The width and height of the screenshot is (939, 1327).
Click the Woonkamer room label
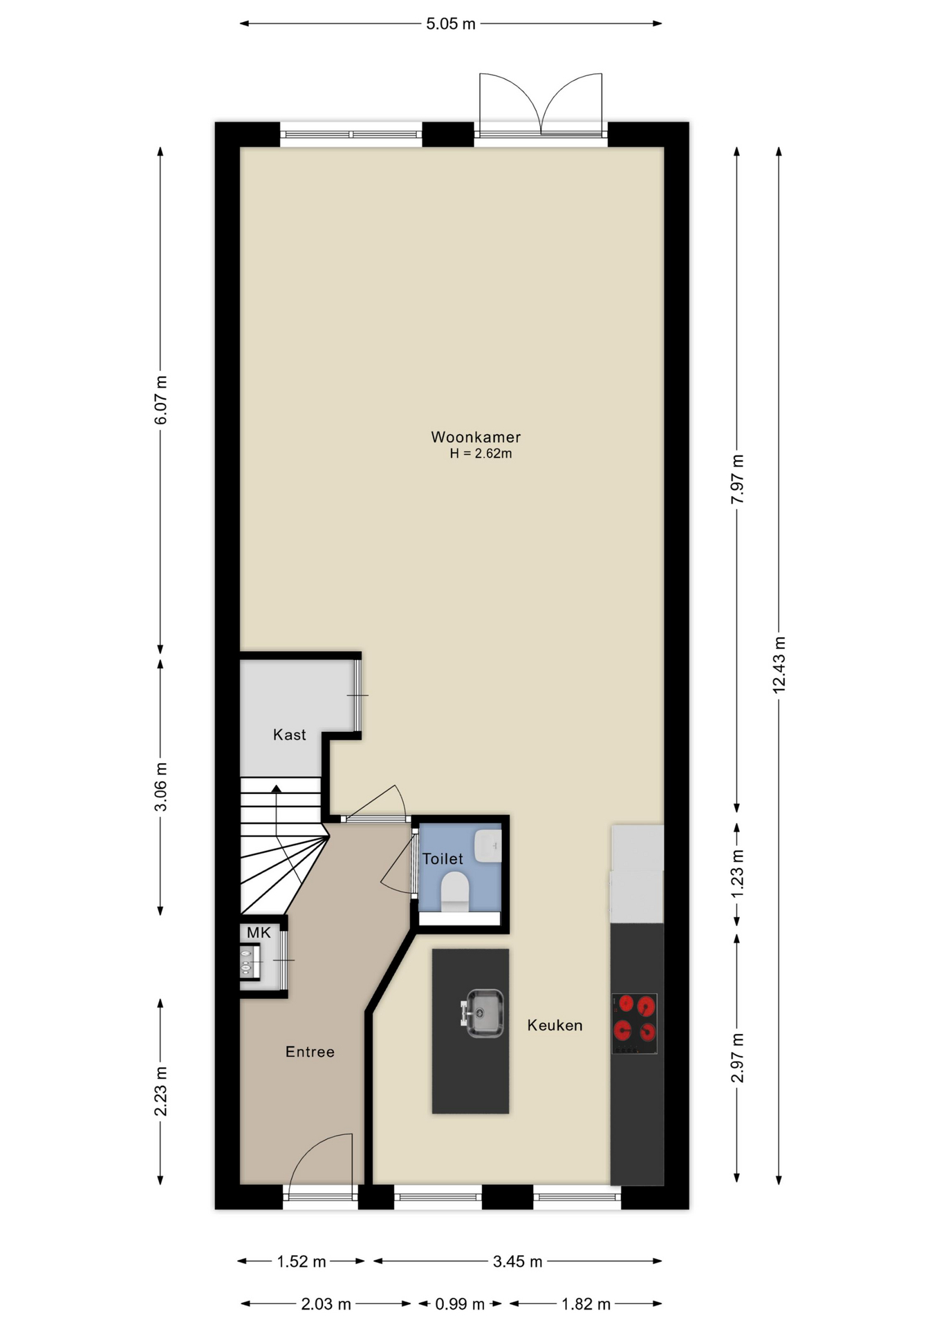tap(476, 437)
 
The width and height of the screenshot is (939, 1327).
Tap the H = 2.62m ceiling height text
tap(481, 454)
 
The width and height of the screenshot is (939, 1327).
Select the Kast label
tap(289, 735)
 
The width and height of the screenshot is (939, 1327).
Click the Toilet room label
tap(443, 858)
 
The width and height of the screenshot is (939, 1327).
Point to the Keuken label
tap(555, 1025)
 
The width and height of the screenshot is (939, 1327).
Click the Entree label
tap(310, 1052)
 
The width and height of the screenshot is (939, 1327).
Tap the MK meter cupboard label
tap(259, 933)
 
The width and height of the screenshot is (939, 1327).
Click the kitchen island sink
tap(483, 1013)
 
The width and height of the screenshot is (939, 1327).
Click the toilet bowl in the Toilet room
tap(454, 891)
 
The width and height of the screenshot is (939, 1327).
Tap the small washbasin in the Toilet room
tap(488, 846)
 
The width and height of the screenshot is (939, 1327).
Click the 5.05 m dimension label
tap(451, 24)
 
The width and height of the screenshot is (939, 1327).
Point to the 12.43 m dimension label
tap(779, 664)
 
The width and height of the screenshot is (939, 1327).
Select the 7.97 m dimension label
tap(737, 479)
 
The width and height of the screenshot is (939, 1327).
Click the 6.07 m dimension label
tap(160, 400)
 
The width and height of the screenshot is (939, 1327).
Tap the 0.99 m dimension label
tap(460, 1304)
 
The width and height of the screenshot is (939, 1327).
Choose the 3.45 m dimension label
tap(517, 1262)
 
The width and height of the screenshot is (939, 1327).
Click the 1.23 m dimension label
tap(737, 873)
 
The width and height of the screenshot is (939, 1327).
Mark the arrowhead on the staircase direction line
tap(276, 789)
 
